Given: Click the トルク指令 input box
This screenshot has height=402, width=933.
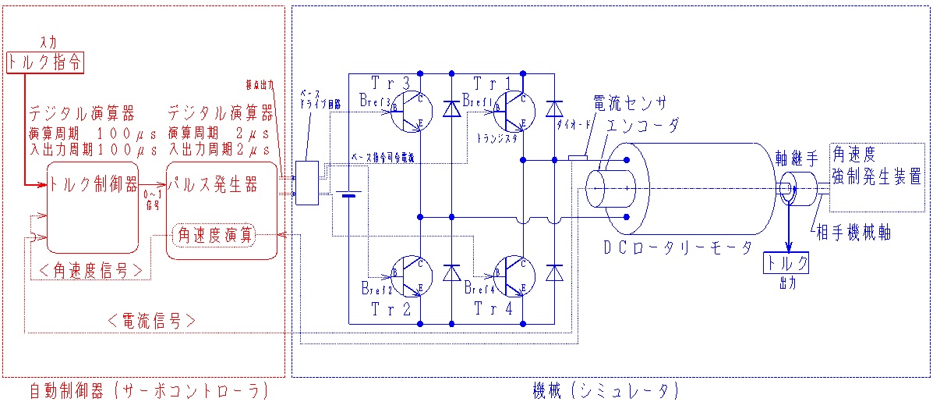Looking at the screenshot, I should coord(44,62).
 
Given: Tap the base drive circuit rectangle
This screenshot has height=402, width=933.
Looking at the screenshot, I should coord(307,183).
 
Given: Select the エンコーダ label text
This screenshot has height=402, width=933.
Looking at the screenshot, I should coord(642,126).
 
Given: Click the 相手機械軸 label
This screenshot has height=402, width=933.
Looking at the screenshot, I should coord(853,233).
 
